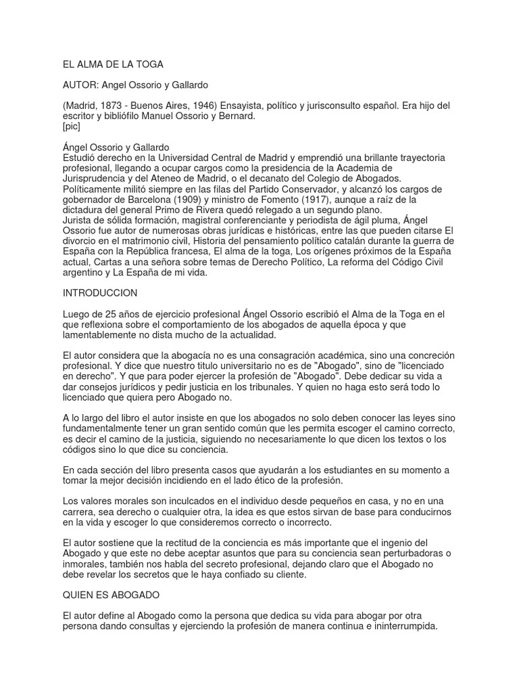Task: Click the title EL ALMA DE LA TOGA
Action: (x=113, y=64)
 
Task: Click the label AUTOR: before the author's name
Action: (x=80, y=85)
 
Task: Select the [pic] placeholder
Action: (x=71, y=127)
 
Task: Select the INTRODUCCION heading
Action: (x=100, y=293)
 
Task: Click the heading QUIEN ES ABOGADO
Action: (x=112, y=595)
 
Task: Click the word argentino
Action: (x=84, y=272)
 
